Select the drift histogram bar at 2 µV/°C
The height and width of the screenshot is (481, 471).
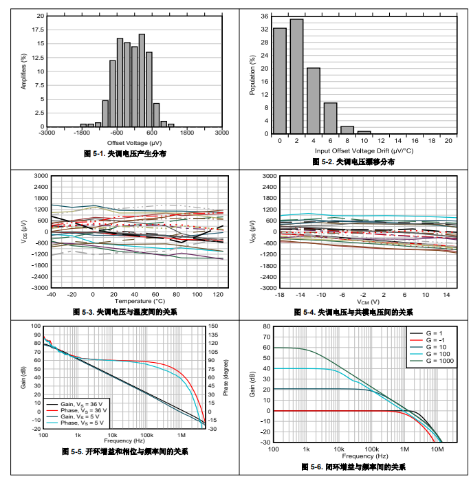[x=296, y=76]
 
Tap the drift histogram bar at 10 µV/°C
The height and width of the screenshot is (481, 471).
[x=364, y=131]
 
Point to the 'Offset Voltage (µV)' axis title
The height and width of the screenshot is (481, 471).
[x=133, y=142]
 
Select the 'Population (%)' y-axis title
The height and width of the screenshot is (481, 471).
[x=252, y=75]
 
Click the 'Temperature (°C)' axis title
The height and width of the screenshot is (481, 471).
[x=140, y=301]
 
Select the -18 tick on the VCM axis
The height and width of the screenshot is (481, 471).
[x=279, y=294]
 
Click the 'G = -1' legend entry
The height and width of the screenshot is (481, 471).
[x=436, y=341]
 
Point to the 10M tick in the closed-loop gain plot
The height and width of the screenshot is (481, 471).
[x=437, y=449]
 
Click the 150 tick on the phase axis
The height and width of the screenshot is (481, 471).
[x=213, y=326]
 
